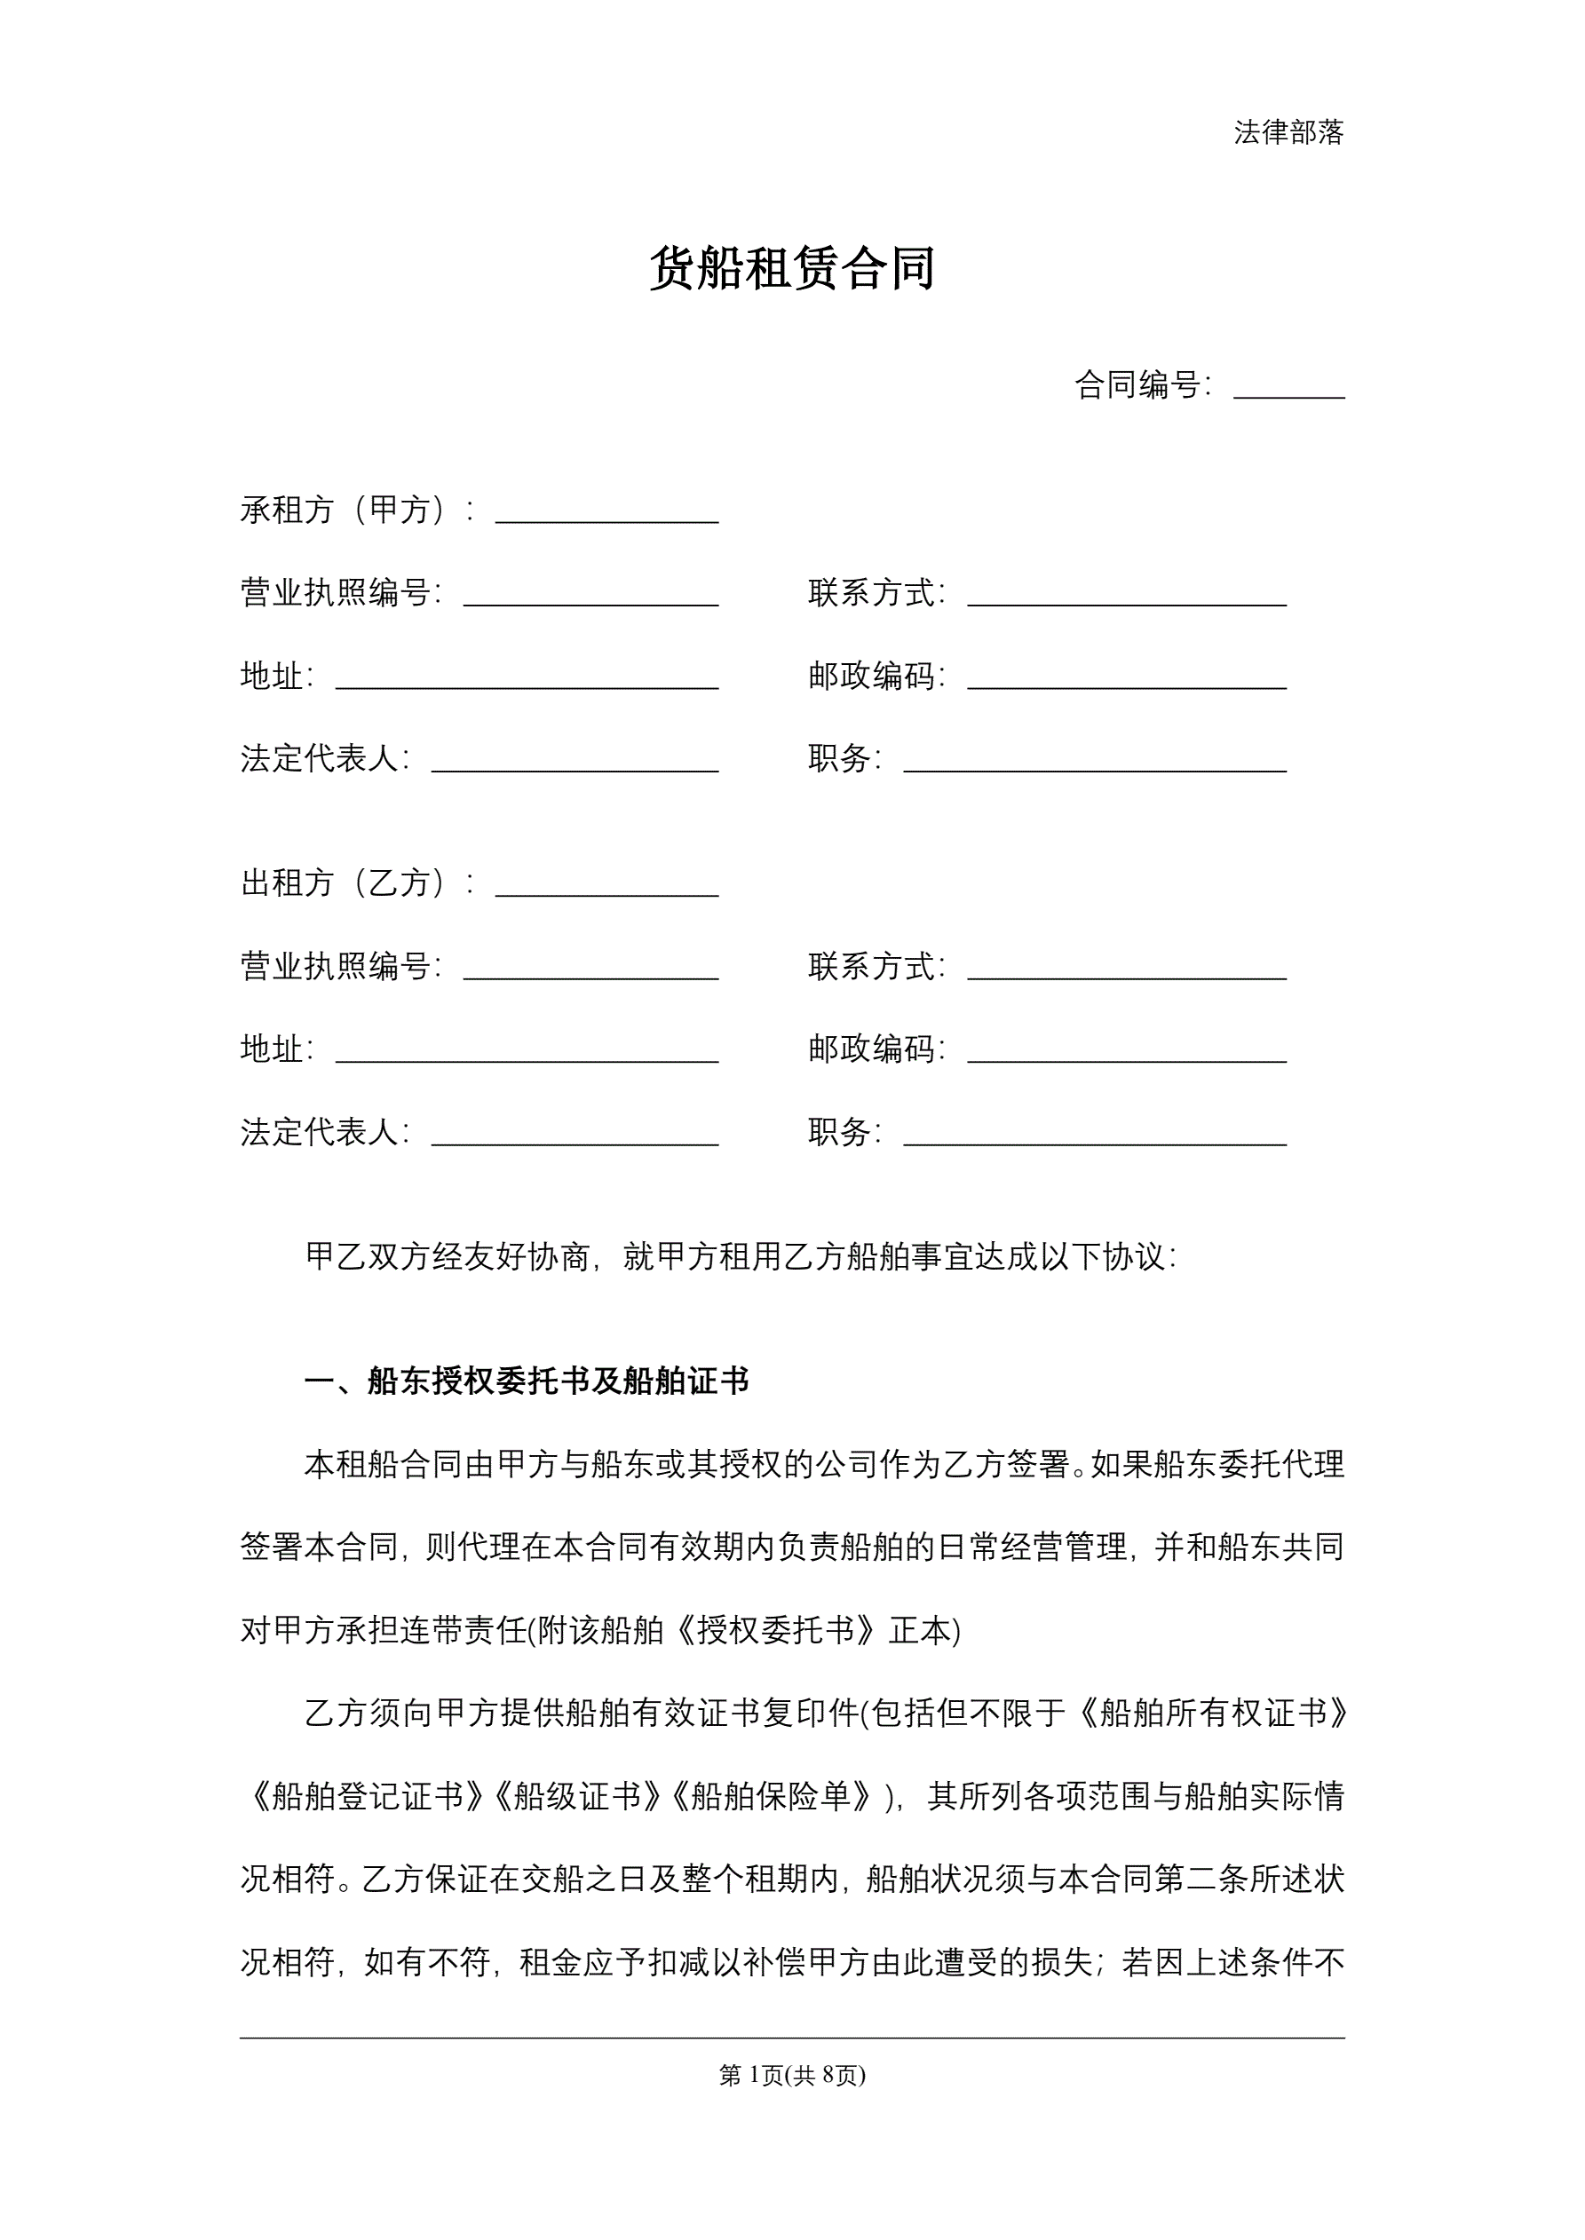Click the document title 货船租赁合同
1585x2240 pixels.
[x=791, y=268]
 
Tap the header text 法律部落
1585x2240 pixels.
[x=1288, y=132]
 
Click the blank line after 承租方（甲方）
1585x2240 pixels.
[x=606, y=515]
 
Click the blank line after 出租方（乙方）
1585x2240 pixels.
[x=606, y=888]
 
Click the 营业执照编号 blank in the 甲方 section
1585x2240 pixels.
[x=590, y=598]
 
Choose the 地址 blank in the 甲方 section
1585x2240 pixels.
[x=527, y=681]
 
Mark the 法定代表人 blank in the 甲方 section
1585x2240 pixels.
[x=575, y=764]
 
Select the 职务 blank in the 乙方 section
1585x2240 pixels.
[x=1094, y=1137]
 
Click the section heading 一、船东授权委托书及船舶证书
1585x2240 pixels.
[x=527, y=1381]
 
